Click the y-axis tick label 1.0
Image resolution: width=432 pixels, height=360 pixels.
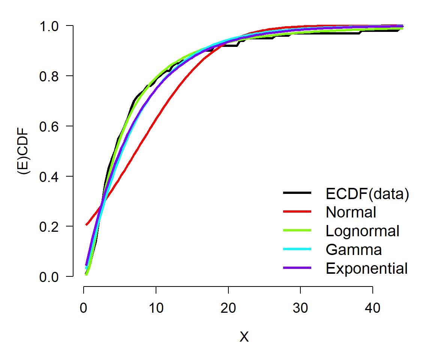49,27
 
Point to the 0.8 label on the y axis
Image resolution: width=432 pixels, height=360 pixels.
49,76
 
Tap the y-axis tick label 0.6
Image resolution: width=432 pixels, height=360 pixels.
49,126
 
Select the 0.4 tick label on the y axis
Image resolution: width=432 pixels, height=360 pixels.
49,177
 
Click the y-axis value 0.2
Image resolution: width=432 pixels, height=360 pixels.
49,226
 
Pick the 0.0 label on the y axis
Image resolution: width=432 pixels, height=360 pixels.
49,277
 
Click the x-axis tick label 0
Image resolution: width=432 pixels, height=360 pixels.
84,307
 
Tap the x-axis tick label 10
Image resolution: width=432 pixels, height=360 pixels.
156,307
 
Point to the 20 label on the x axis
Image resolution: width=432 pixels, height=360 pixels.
228,307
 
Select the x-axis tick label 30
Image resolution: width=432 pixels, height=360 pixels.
300,307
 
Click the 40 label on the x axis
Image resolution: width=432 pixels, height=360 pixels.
372,307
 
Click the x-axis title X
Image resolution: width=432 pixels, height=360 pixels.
244,337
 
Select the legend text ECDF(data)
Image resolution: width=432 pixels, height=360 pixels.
367,193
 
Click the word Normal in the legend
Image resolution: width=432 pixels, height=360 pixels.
351,212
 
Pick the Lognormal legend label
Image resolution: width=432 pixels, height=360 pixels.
362,231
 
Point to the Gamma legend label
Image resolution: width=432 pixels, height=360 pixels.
354,249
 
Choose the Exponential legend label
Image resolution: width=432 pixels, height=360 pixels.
366,268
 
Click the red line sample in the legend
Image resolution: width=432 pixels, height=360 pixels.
297,211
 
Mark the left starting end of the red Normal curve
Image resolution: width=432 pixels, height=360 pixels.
86,225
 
